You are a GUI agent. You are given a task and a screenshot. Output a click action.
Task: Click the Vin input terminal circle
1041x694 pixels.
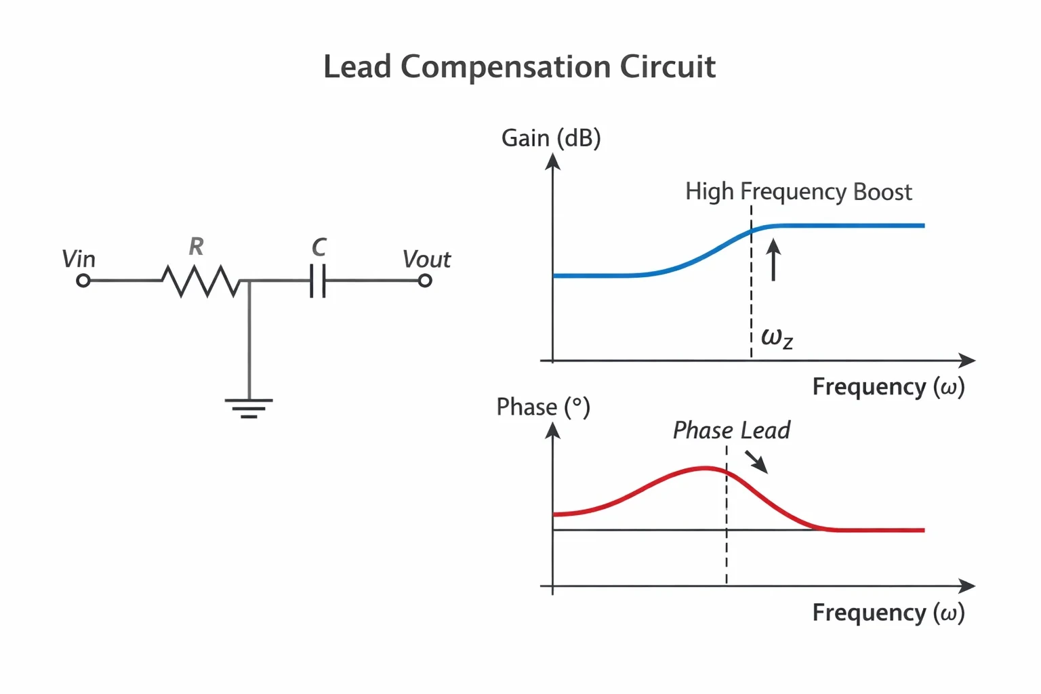click(83, 281)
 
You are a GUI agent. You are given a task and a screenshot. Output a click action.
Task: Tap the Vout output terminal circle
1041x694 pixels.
click(425, 281)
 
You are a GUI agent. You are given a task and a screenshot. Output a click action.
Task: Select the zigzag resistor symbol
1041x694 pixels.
click(201, 281)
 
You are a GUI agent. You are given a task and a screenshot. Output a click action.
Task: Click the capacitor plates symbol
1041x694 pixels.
click(318, 281)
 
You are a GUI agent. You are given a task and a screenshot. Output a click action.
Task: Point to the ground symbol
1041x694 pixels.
click(249, 409)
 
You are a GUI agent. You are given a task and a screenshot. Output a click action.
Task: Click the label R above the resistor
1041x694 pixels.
click(196, 247)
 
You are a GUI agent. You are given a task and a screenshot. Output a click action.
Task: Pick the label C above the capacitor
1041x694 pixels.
click(319, 247)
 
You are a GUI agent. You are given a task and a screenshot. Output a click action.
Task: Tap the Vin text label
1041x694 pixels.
click(79, 259)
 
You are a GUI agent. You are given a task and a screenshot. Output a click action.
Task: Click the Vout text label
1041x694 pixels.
click(426, 259)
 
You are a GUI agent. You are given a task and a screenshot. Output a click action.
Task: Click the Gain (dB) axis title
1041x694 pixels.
click(551, 138)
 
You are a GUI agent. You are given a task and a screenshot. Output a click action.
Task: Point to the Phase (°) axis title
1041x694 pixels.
click(544, 407)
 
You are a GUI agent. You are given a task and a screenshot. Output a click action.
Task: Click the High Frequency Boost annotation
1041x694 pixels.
click(799, 192)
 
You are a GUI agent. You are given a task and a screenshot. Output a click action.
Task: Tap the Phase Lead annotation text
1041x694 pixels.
click(732, 430)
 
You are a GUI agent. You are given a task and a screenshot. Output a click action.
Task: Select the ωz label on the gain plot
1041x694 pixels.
click(777, 338)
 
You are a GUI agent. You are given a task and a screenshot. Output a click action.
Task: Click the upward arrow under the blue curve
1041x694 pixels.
click(773, 260)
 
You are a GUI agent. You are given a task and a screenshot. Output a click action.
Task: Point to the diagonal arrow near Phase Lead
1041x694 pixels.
click(756, 462)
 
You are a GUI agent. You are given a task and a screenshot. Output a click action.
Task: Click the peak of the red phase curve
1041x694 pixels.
click(706, 468)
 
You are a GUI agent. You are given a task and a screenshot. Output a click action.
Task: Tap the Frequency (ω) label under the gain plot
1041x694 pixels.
click(889, 387)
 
